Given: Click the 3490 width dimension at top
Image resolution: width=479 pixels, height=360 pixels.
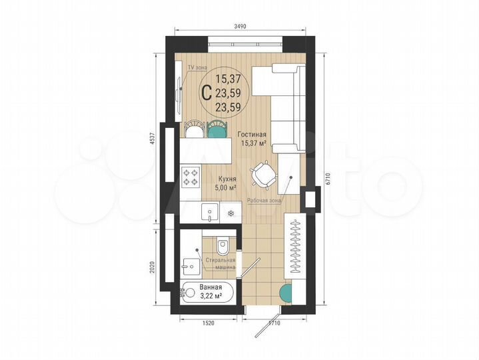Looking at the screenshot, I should pos(240,26).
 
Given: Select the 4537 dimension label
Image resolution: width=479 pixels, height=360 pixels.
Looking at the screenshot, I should pos(152,139).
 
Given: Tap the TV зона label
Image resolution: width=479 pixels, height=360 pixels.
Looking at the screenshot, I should pos(197,68).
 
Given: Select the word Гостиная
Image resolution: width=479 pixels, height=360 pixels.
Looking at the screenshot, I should pos(252,134).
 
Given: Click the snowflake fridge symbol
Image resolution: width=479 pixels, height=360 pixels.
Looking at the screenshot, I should pos(231,213).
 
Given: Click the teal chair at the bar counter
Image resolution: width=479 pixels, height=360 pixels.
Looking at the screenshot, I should pos(216,128).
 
